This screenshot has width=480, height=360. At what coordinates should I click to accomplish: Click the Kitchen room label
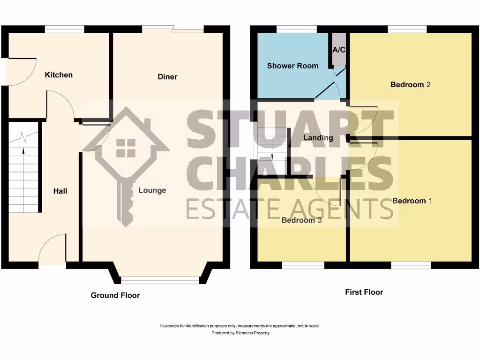click(59, 75)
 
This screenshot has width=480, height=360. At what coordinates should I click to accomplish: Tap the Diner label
click(167, 76)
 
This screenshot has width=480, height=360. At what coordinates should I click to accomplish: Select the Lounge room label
click(152, 190)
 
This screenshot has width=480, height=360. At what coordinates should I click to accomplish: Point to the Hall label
click(60, 191)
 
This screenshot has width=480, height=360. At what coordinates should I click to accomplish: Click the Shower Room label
click(292, 66)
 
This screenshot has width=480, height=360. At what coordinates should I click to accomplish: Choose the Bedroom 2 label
click(411, 85)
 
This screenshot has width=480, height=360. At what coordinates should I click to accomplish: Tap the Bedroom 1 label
click(412, 201)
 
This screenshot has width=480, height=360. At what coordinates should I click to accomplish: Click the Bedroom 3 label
click(301, 220)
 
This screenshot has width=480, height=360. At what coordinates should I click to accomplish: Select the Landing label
click(318, 138)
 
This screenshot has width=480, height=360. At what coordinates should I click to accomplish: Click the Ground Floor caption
click(115, 295)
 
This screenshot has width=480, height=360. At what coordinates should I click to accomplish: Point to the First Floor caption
click(364, 292)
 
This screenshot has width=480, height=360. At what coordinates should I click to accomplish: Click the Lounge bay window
click(160, 280)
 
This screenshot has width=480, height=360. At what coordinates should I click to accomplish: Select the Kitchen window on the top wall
click(64, 29)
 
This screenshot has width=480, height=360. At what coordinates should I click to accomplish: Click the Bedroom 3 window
click(303, 265)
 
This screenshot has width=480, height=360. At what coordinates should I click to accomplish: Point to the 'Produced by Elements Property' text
click(240, 333)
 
